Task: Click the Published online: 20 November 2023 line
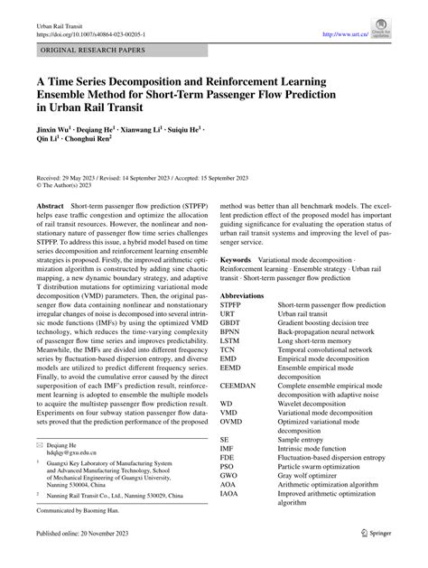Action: coord(88,557)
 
